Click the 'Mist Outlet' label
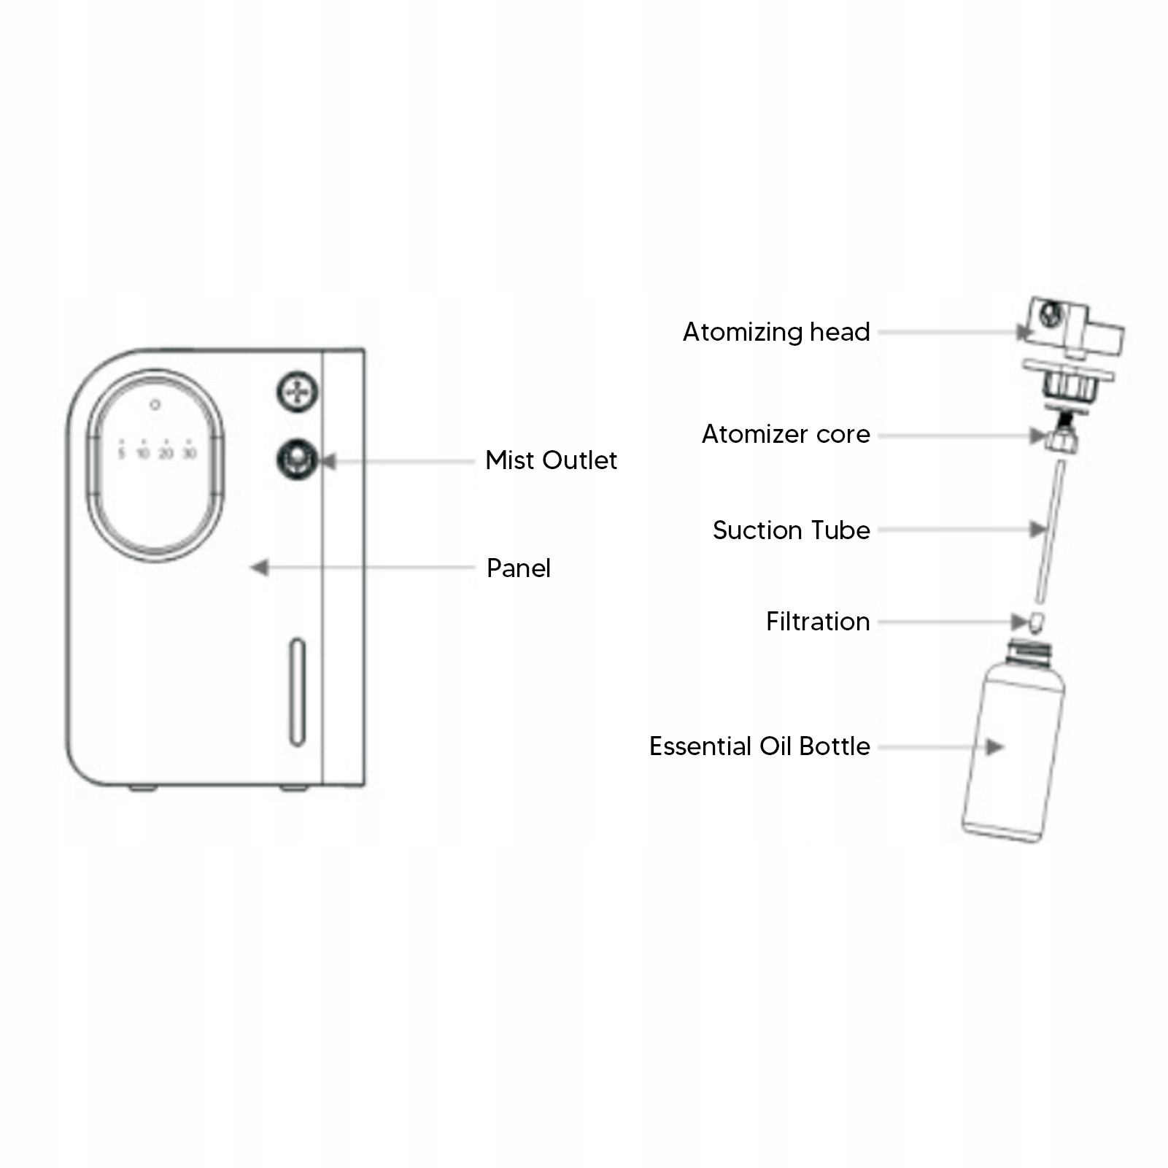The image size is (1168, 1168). click(x=551, y=460)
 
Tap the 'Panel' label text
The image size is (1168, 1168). click(x=518, y=568)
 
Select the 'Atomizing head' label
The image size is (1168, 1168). click(x=776, y=332)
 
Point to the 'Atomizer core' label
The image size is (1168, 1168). click(x=786, y=434)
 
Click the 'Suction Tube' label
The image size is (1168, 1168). click(x=791, y=530)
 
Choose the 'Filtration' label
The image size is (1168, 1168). click(x=817, y=622)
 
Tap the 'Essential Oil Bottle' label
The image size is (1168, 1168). click(x=759, y=746)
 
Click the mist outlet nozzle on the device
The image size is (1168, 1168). click(x=296, y=459)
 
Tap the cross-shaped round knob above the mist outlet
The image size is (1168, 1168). click(x=297, y=392)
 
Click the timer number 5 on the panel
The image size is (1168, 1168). click(x=122, y=454)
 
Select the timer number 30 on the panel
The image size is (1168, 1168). click(x=189, y=454)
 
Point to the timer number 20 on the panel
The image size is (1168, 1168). click(x=166, y=454)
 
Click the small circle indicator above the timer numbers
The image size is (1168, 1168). click(x=155, y=404)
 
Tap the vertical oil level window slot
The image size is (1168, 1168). click(x=297, y=692)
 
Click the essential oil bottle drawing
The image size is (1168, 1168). click(x=1013, y=751)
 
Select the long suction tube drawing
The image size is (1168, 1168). click(x=1050, y=533)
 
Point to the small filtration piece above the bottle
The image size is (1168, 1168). click(x=1036, y=622)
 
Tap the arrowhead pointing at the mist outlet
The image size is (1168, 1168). click(x=328, y=461)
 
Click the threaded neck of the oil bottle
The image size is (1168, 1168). click(x=1029, y=649)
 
